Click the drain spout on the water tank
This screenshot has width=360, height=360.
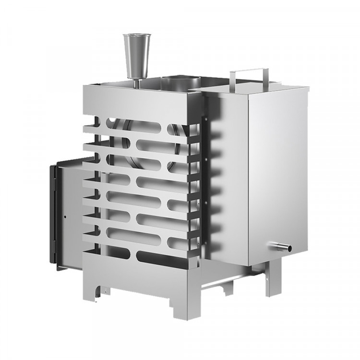283,248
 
